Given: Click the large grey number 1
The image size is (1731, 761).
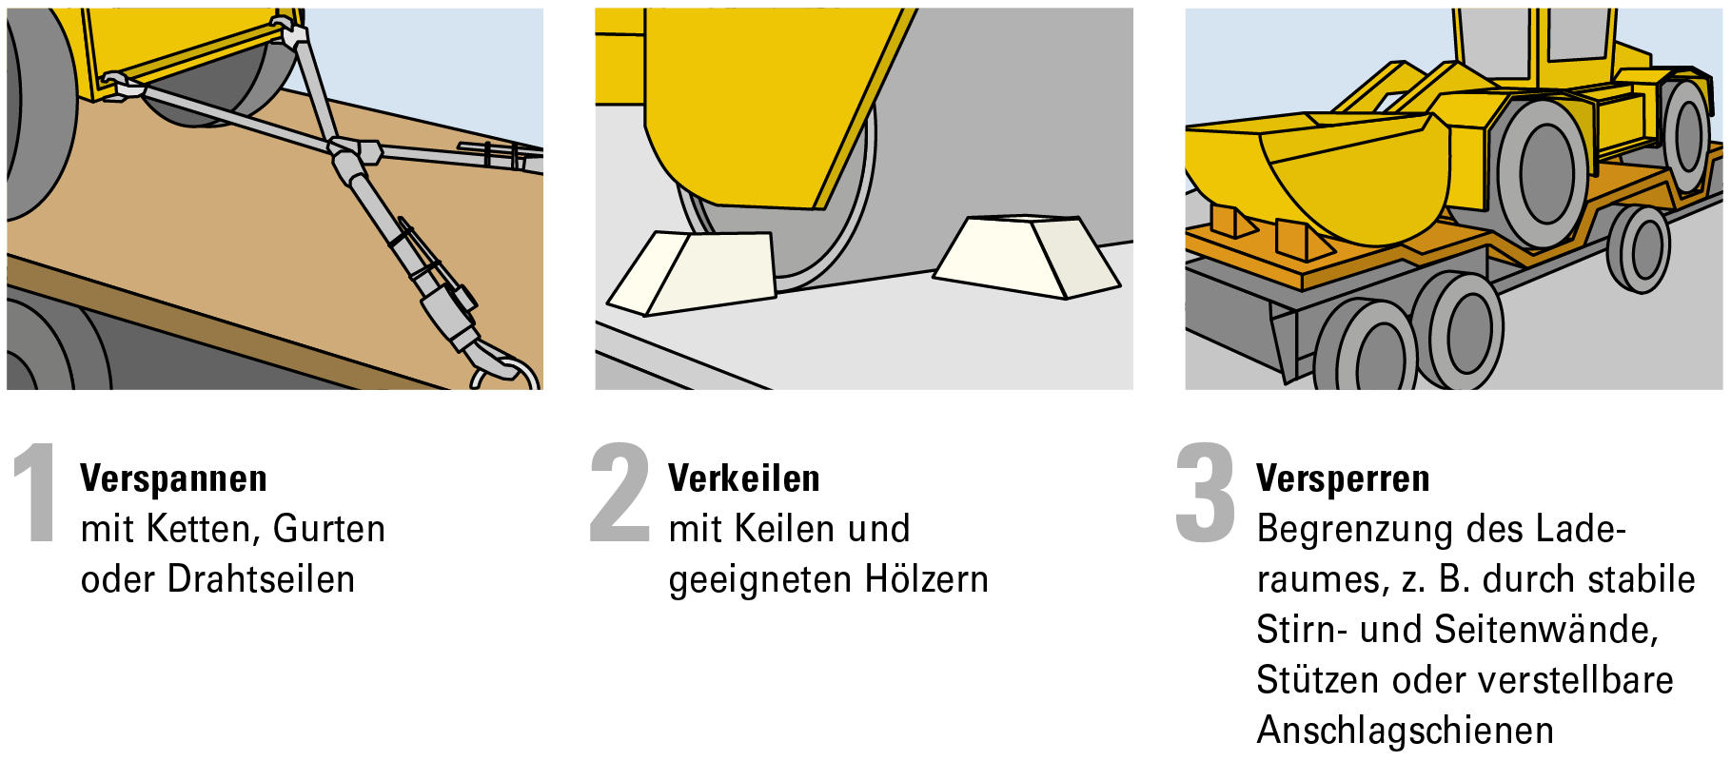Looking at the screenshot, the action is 37,492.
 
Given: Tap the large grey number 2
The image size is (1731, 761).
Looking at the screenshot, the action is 620,492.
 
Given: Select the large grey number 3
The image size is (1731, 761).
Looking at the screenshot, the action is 1206,493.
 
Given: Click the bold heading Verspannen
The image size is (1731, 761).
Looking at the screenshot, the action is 173,478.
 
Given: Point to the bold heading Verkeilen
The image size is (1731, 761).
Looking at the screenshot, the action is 743,478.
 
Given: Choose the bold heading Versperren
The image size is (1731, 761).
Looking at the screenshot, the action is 1343,478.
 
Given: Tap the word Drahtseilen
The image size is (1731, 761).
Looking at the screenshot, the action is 261,579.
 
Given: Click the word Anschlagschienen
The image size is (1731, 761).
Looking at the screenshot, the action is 1406,731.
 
